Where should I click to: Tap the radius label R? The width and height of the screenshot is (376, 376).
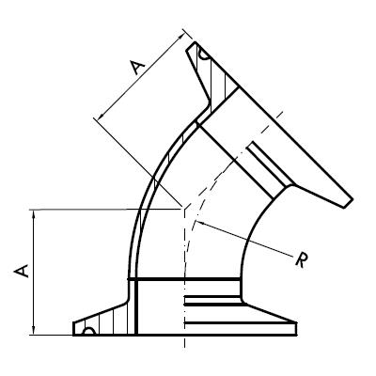(302, 260)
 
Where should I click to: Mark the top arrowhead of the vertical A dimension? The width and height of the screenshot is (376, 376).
(35, 212)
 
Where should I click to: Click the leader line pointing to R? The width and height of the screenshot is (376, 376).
(244, 239)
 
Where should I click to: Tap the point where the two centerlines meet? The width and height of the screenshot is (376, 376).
(184, 209)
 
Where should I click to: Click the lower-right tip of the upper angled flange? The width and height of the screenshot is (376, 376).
(351, 200)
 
